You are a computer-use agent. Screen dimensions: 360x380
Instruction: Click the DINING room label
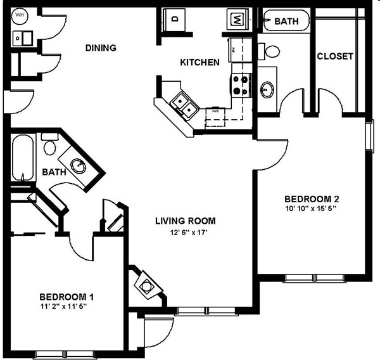tap(102, 48)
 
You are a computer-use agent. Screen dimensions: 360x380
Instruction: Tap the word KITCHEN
tap(199, 62)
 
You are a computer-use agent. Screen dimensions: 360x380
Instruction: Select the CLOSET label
tap(335, 56)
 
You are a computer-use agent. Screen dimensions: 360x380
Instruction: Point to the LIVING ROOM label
tap(186, 221)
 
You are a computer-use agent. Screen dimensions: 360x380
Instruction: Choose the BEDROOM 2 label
tap(312, 197)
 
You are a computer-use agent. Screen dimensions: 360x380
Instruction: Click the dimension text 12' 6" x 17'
tap(186, 233)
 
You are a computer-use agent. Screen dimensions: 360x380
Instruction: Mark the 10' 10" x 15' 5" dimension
tap(312, 208)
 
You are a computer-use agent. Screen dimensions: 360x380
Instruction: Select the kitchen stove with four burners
tap(241, 85)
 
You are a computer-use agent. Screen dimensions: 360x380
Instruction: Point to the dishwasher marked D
tap(175, 19)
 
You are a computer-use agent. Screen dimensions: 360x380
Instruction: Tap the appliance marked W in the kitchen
tap(237, 19)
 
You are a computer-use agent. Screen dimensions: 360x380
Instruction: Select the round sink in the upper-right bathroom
tap(267, 87)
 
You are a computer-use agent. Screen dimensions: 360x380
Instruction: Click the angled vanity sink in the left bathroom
tap(79, 166)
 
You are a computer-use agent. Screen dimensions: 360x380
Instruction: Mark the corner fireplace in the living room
tap(146, 285)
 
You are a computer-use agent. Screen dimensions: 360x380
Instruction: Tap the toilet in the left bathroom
tap(49, 146)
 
